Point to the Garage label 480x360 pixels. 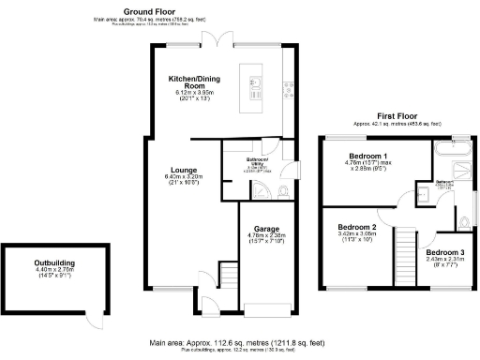click(263, 227)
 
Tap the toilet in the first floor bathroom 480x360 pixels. click(465, 221)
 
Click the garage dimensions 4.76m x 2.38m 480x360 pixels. click(263, 235)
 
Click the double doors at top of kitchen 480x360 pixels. click(217, 40)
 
